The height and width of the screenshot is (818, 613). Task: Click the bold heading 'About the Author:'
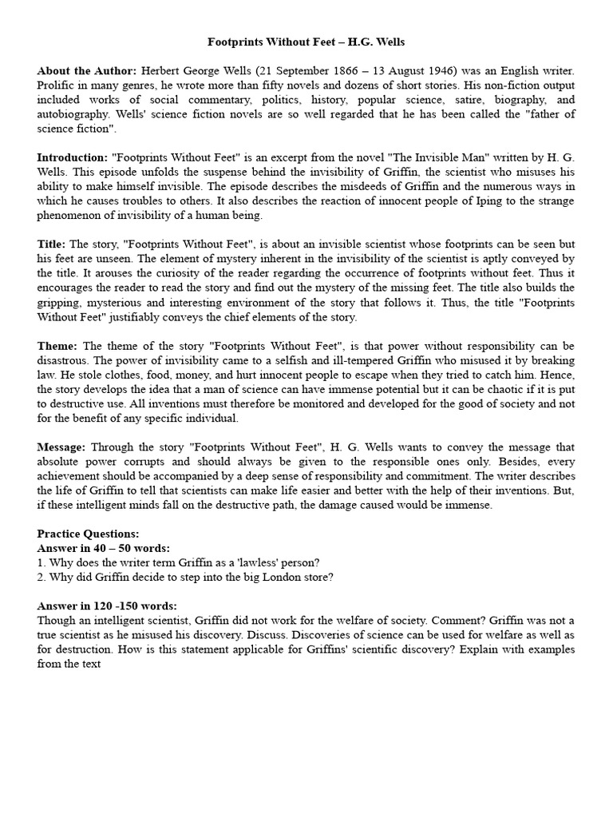click(86, 71)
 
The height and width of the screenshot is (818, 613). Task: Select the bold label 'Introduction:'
click(73, 157)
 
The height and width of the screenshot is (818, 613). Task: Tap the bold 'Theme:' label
click(57, 346)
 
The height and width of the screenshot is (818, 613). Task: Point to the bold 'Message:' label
click(64, 447)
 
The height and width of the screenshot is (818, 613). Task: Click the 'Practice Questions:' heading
click(88, 533)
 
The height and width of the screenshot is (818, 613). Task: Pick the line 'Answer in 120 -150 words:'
click(107, 606)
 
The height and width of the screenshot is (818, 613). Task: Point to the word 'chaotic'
click(469, 389)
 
